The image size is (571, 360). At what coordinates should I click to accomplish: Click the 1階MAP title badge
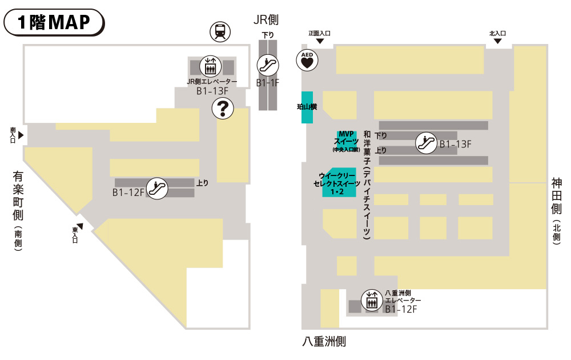pyautogui.click(x=54, y=22)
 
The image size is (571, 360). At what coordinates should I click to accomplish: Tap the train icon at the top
pyautogui.click(x=220, y=31)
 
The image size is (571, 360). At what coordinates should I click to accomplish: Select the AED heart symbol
pyautogui.click(x=307, y=60)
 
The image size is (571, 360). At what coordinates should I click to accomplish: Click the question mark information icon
pyautogui.click(x=223, y=108)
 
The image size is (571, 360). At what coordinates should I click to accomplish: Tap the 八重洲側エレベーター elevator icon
pyautogui.click(x=372, y=301)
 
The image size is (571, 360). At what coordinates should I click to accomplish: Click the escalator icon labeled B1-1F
pyautogui.click(x=268, y=66)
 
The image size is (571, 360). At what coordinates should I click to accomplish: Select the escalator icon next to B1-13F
pyautogui.click(x=426, y=143)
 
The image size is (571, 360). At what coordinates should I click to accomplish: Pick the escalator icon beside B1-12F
pyautogui.click(x=157, y=188)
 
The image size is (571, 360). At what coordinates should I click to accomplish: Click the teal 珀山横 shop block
pyautogui.click(x=307, y=107)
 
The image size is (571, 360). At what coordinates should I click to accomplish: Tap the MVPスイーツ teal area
pyautogui.click(x=347, y=141)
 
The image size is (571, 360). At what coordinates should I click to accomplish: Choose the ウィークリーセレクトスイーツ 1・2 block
pyautogui.click(x=339, y=182)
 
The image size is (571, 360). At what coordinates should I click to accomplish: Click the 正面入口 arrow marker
pyautogui.click(x=320, y=41)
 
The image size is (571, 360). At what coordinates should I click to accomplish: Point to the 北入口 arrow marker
pyautogui.click(x=497, y=41)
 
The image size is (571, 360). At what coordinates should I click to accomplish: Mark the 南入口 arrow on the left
pyautogui.click(x=21, y=135)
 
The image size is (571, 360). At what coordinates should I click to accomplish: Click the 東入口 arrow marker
pyautogui.click(x=80, y=226)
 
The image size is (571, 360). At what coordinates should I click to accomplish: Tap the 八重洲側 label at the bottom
pyautogui.click(x=324, y=342)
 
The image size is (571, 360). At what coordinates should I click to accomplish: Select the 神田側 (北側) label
pyautogui.click(x=556, y=211)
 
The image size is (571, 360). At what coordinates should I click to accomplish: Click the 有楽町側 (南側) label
pyautogui.click(x=18, y=211)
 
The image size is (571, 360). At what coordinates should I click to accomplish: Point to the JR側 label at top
pyautogui.click(x=266, y=19)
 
